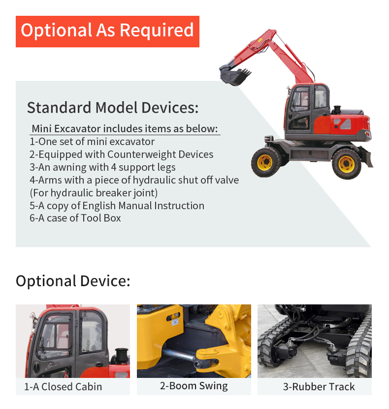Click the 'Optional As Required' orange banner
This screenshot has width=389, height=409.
point(107,32)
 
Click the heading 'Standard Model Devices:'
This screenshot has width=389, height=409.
point(113,108)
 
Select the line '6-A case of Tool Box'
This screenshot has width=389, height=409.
point(75,218)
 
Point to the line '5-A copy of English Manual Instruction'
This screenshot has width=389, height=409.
point(117,206)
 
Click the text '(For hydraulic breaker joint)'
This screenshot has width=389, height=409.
point(94,193)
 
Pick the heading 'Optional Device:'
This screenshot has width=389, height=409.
point(73,281)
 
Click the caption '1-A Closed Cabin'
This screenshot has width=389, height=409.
point(63,387)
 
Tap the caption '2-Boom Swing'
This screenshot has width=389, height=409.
point(194,386)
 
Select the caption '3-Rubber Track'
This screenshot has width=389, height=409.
point(319,387)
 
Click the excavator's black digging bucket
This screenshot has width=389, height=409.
point(234,75)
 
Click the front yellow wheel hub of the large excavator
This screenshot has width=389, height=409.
point(265,162)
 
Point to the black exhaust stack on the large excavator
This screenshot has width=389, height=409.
point(337,110)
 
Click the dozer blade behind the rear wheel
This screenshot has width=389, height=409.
point(367,157)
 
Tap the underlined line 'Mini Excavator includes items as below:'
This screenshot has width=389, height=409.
point(125,129)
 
